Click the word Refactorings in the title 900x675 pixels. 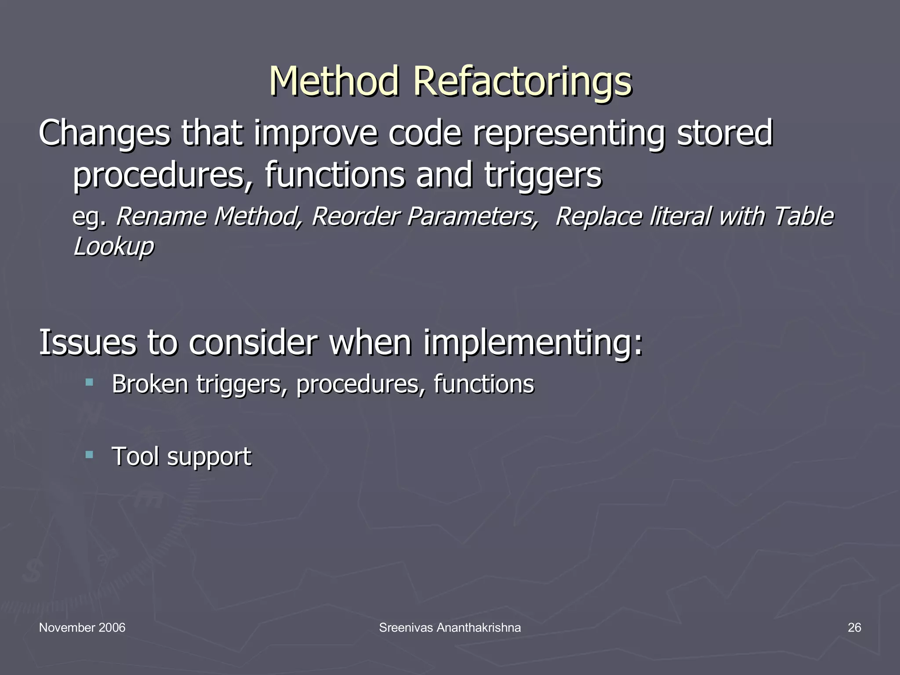522,82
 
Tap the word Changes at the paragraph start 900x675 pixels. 104,134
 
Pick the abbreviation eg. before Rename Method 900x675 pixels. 89,217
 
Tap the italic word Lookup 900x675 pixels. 113,246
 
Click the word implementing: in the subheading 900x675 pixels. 533,343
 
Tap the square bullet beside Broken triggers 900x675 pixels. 90,382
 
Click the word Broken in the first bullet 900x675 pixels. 150,384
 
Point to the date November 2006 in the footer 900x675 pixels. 82,628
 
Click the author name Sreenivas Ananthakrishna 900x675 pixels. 450,628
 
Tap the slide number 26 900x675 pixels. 854,628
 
